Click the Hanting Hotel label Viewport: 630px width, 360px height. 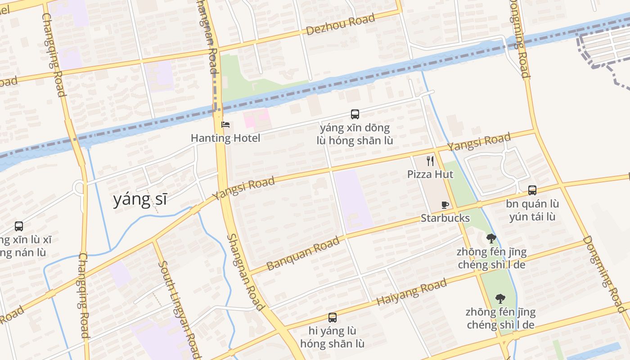click(225, 138)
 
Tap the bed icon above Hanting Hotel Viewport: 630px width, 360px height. click(225, 125)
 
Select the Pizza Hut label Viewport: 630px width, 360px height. click(430, 174)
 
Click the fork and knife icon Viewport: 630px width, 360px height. click(430, 161)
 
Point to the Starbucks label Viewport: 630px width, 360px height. click(445, 218)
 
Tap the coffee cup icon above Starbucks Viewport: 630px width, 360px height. click(445, 205)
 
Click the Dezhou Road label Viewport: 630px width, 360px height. click(340, 25)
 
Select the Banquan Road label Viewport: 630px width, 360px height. click(303, 254)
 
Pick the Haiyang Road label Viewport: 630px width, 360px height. click(411, 292)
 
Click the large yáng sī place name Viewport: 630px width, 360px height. click(140, 199)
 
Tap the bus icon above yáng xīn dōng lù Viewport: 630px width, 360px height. click(355, 114)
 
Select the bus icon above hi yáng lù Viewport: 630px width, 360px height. click(333, 318)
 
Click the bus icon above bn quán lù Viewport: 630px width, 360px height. click(532, 190)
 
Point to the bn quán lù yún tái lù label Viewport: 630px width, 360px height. click(532, 210)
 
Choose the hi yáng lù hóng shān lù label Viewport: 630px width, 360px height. click(333, 337)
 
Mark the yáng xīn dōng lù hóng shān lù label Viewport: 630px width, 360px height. click(355, 134)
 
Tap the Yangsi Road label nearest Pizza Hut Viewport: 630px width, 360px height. click(479, 142)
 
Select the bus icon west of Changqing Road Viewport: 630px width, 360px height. click(19, 226)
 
